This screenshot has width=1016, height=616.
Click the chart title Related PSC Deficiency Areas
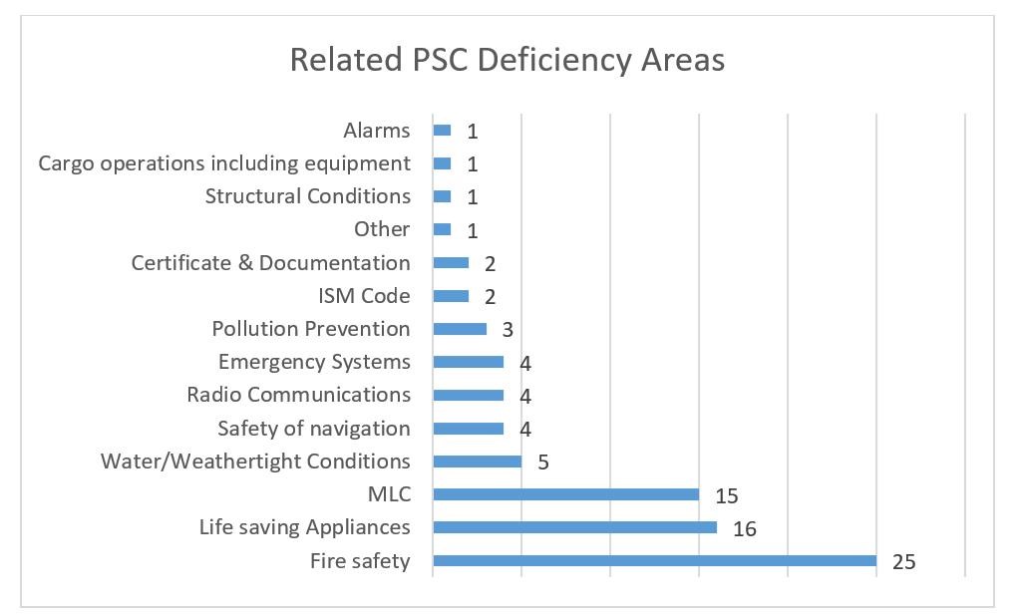[507, 60]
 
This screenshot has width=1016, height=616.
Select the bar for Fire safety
[654, 561]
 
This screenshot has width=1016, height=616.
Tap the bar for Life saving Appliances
[574, 527]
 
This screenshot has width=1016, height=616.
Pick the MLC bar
[565, 494]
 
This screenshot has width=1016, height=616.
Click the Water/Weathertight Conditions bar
[477, 462]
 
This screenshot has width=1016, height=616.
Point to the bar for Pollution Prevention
[460, 329]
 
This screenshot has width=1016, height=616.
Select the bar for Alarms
[442, 131]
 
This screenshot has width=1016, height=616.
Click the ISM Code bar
[451, 296]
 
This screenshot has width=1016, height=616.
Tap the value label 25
[903, 562]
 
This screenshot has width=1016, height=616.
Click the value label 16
[745, 529]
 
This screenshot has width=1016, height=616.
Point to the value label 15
[726, 495]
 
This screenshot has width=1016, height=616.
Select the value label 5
[543, 462]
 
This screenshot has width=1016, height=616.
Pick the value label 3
[508, 330]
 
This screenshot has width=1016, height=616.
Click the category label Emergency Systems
[314, 362]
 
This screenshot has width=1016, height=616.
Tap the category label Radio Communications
[298, 395]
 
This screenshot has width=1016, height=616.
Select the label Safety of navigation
[314, 429]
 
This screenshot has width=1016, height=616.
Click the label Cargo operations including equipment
[224, 163]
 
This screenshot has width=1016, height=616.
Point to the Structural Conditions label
[307, 196]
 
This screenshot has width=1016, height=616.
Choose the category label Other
[382, 229]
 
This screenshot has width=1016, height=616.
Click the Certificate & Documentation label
[270, 263]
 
